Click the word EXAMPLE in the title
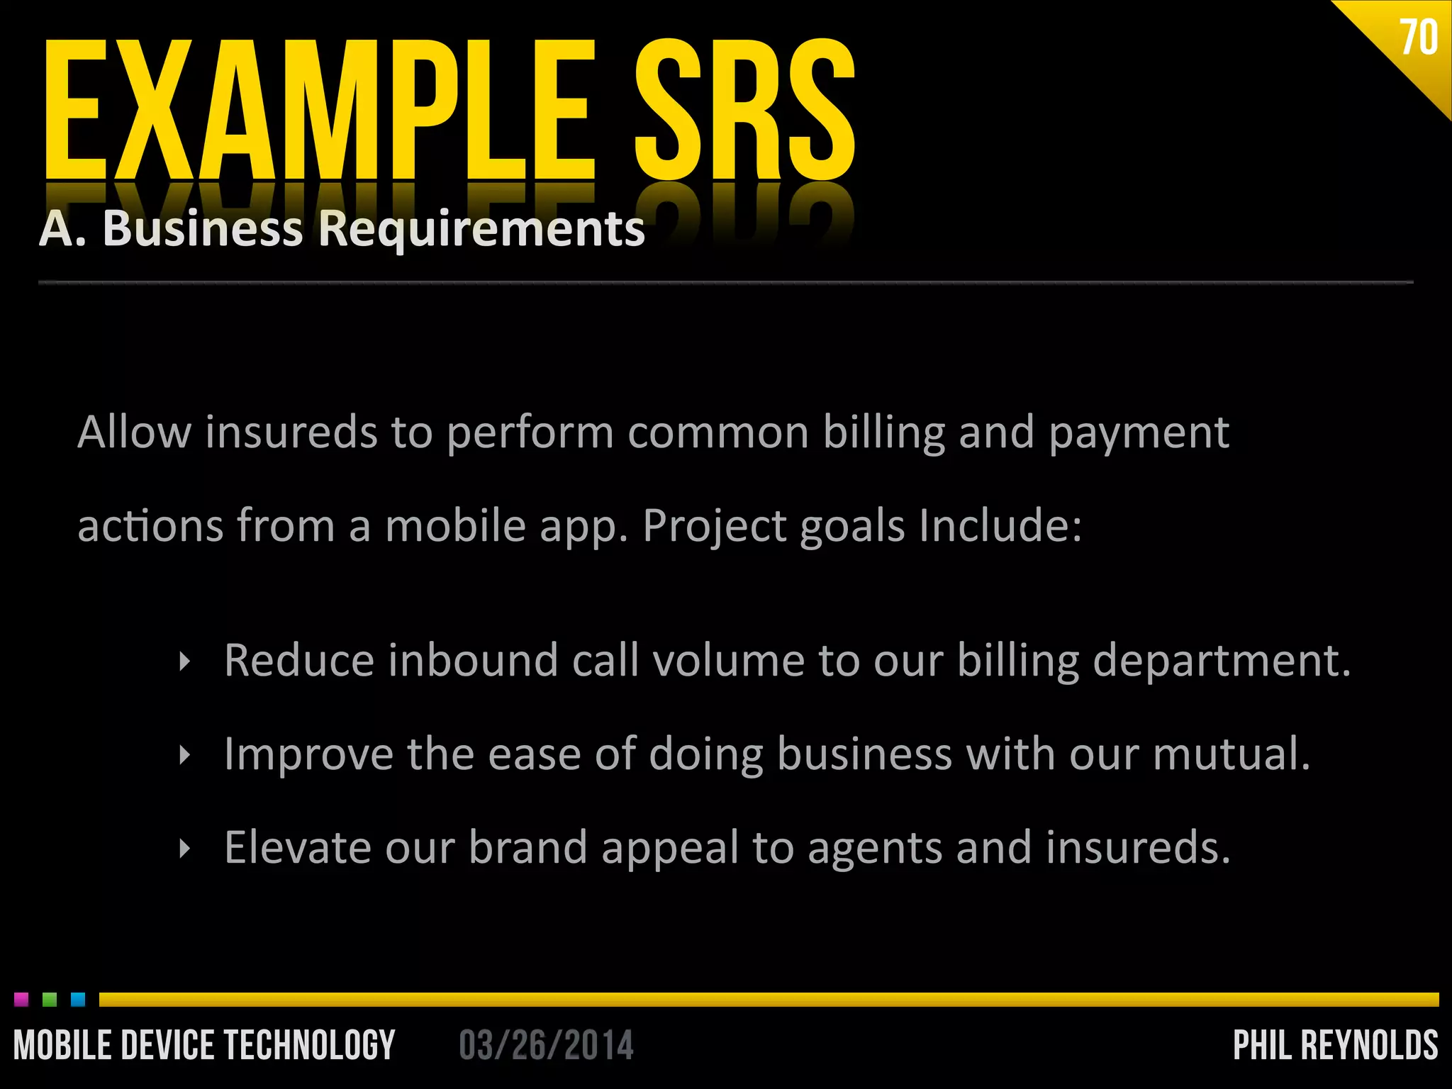[319, 110]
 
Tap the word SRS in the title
[744, 110]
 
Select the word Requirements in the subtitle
[481, 229]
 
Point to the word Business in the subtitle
[203, 229]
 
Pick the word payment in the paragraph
[1139, 434]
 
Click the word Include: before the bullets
[1000, 525]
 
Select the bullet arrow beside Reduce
[185, 662]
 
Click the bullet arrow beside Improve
[185, 755]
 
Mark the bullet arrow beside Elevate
[185, 849]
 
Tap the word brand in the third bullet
[527, 847]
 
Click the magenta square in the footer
[21, 1000]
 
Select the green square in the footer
[50, 1000]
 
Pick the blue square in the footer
[78, 1000]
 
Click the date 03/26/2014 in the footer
[546, 1046]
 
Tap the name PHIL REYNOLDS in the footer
[1336, 1046]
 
